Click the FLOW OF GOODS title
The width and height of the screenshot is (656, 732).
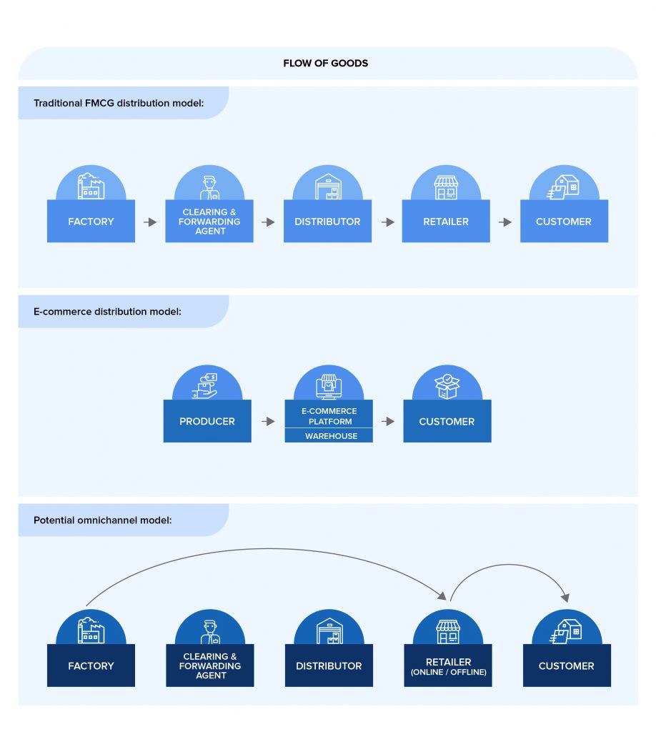coord(325,63)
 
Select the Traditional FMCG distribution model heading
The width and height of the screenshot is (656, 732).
coord(119,103)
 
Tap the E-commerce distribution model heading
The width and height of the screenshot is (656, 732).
coord(107,312)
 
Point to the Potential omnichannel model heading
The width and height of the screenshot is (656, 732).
coord(102,520)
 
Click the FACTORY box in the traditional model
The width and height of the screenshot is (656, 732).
coord(91,222)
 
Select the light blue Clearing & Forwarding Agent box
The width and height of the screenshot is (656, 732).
coord(209,222)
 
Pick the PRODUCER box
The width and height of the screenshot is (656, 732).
coord(207,422)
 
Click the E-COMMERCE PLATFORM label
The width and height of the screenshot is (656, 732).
coord(329,416)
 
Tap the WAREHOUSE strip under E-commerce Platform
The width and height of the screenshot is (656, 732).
coord(329,435)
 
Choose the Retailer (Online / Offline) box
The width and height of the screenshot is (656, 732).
coord(448,666)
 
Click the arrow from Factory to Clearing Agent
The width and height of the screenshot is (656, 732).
coord(150,222)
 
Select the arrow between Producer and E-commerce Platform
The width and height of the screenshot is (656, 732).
coord(268,422)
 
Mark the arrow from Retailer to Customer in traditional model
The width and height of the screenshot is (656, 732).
coord(505,222)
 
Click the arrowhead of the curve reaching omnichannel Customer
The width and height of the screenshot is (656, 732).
coord(567,595)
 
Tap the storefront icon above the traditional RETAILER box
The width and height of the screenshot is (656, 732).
coord(446,187)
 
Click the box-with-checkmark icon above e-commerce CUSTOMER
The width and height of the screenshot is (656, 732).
coord(447,385)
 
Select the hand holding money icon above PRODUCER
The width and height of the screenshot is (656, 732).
coord(207,385)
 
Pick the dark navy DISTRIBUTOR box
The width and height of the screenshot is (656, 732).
coord(329,666)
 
